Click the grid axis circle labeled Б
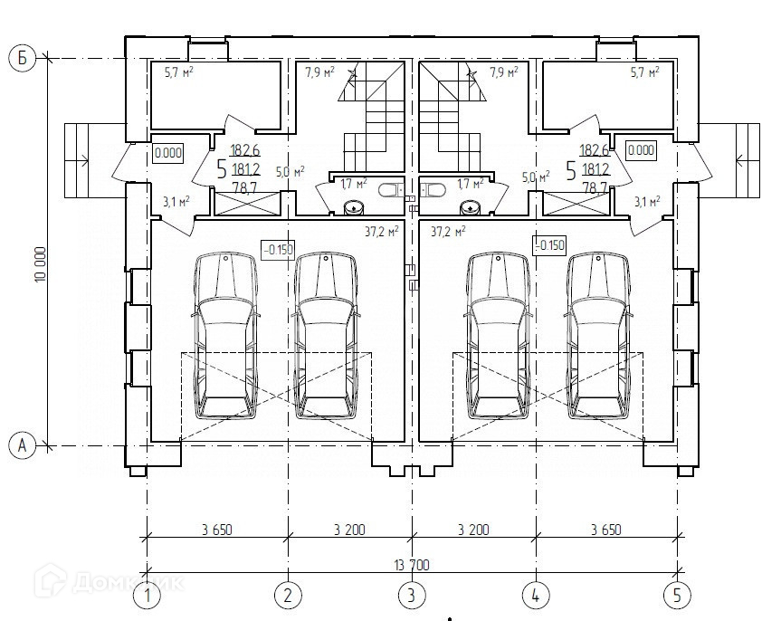point(23,59)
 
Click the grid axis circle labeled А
point(23,445)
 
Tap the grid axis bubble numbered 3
point(412,595)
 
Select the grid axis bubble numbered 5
point(677,595)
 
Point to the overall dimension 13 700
point(412,565)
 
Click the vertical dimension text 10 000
point(41,263)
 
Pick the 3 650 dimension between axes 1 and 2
point(217,530)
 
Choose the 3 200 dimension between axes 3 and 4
point(473,530)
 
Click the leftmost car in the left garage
point(226,335)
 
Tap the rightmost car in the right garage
point(597,335)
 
